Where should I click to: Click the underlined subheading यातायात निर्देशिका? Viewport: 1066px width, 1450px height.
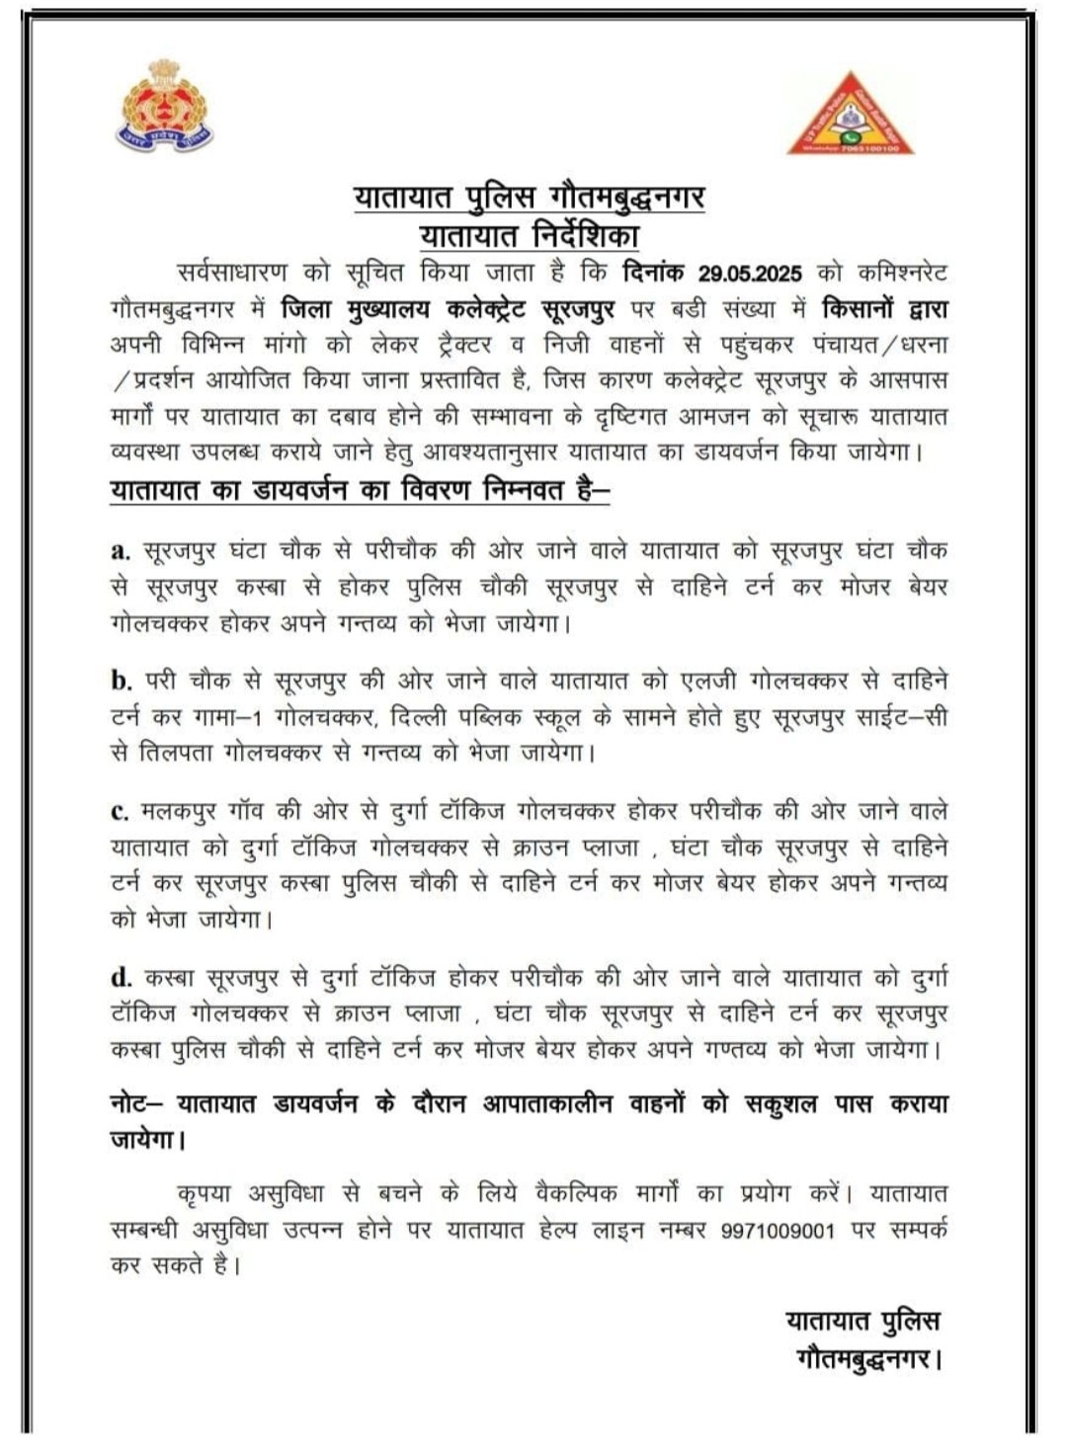pos(530,236)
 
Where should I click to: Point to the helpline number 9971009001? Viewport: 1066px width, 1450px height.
pos(779,1231)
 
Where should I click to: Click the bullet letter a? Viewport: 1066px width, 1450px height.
pos(121,551)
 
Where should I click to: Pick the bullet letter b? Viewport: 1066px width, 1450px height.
pos(122,681)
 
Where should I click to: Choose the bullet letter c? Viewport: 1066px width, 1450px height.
pos(121,812)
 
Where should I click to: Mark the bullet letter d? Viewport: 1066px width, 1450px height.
pos(122,978)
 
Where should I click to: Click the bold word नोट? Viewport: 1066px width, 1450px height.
pos(131,1103)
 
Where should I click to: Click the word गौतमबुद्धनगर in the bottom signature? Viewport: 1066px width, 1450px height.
pos(863,1360)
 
